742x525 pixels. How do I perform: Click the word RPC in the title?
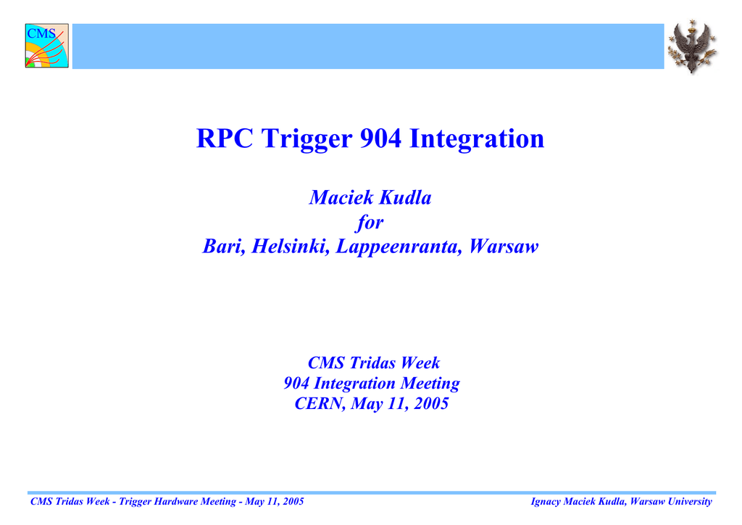tap(225, 139)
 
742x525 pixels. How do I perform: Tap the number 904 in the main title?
tap(380, 139)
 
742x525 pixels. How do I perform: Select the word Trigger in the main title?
tap(307, 139)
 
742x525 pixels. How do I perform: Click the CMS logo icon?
tap(47, 46)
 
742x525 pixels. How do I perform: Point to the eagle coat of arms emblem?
tap(692, 46)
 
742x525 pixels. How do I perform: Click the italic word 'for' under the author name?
tap(370, 223)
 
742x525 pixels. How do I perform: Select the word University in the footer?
tap(690, 502)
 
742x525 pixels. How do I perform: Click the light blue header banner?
tap(367, 46)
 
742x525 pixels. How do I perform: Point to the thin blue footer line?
tap(372, 493)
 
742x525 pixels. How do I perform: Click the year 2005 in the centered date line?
tap(431, 404)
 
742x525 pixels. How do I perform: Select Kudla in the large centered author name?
tap(405, 198)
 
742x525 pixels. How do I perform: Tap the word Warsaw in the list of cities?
tap(504, 247)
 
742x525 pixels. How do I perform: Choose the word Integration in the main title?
tap(477, 139)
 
